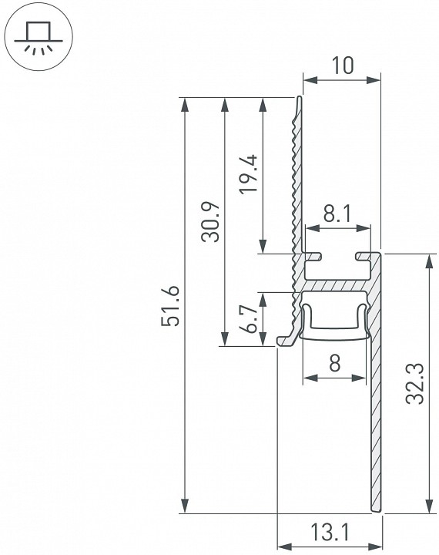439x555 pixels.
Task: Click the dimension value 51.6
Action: pyautogui.click(x=171, y=305)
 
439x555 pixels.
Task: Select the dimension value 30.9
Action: pyautogui.click(x=210, y=222)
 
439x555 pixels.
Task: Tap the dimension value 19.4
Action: pyautogui.click(x=248, y=176)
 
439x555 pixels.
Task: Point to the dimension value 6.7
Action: pyautogui.click(x=249, y=318)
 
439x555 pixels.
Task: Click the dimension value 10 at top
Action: pyautogui.click(x=342, y=66)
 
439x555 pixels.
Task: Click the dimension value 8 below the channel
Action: pyautogui.click(x=334, y=364)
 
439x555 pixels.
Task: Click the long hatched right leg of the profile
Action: pyautogui.click(x=376, y=416)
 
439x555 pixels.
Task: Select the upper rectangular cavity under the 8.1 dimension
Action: pyautogui.click(x=337, y=270)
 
